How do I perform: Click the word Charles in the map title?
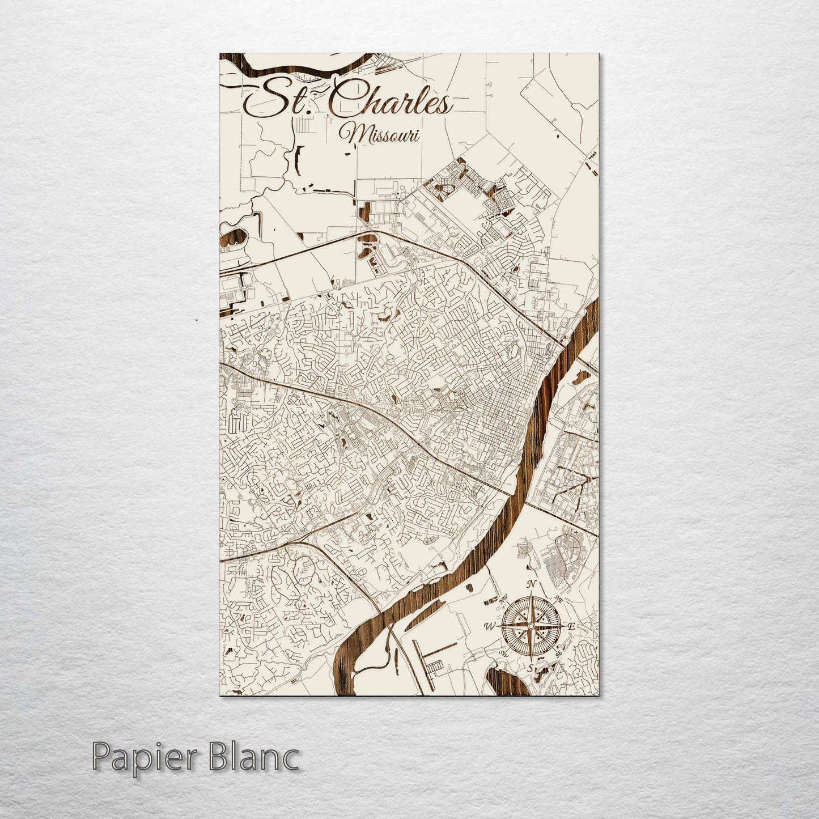(391, 102)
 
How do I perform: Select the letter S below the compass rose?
(531, 668)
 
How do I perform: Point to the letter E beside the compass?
(572, 627)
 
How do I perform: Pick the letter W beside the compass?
(488, 626)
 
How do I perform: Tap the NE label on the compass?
(558, 599)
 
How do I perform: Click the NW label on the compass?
(502, 599)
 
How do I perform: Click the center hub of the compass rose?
(531, 626)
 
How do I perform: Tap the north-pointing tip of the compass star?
(531, 596)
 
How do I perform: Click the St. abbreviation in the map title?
(278, 102)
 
